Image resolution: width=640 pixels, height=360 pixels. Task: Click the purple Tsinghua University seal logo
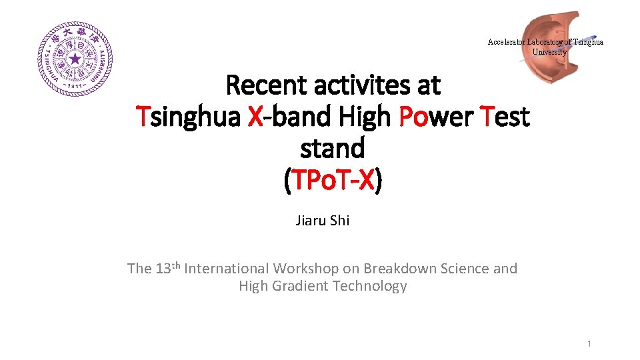pos(75,59)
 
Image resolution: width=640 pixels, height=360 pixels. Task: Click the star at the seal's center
pos(75,59)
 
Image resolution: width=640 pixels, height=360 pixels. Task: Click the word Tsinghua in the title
pos(188,117)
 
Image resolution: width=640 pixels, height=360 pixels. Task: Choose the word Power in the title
pos(437,117)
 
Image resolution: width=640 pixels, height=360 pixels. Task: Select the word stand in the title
pos(332,148)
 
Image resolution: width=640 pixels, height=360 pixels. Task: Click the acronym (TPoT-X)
pos(332,179)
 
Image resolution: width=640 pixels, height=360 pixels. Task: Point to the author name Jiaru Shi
pos(323,220)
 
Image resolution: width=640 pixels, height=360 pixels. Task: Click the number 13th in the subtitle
pos(167,268)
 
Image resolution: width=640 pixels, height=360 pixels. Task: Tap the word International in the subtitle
pos(227,269)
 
